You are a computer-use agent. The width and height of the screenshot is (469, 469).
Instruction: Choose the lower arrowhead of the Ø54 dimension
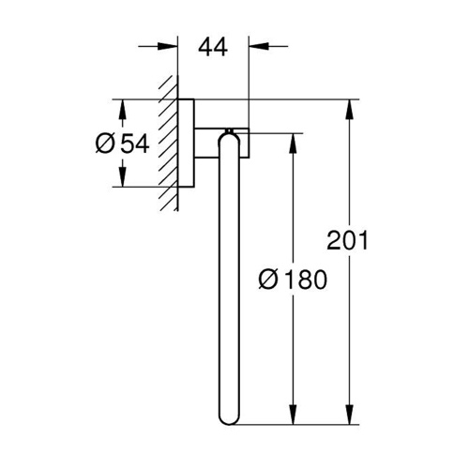coord(120,177)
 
